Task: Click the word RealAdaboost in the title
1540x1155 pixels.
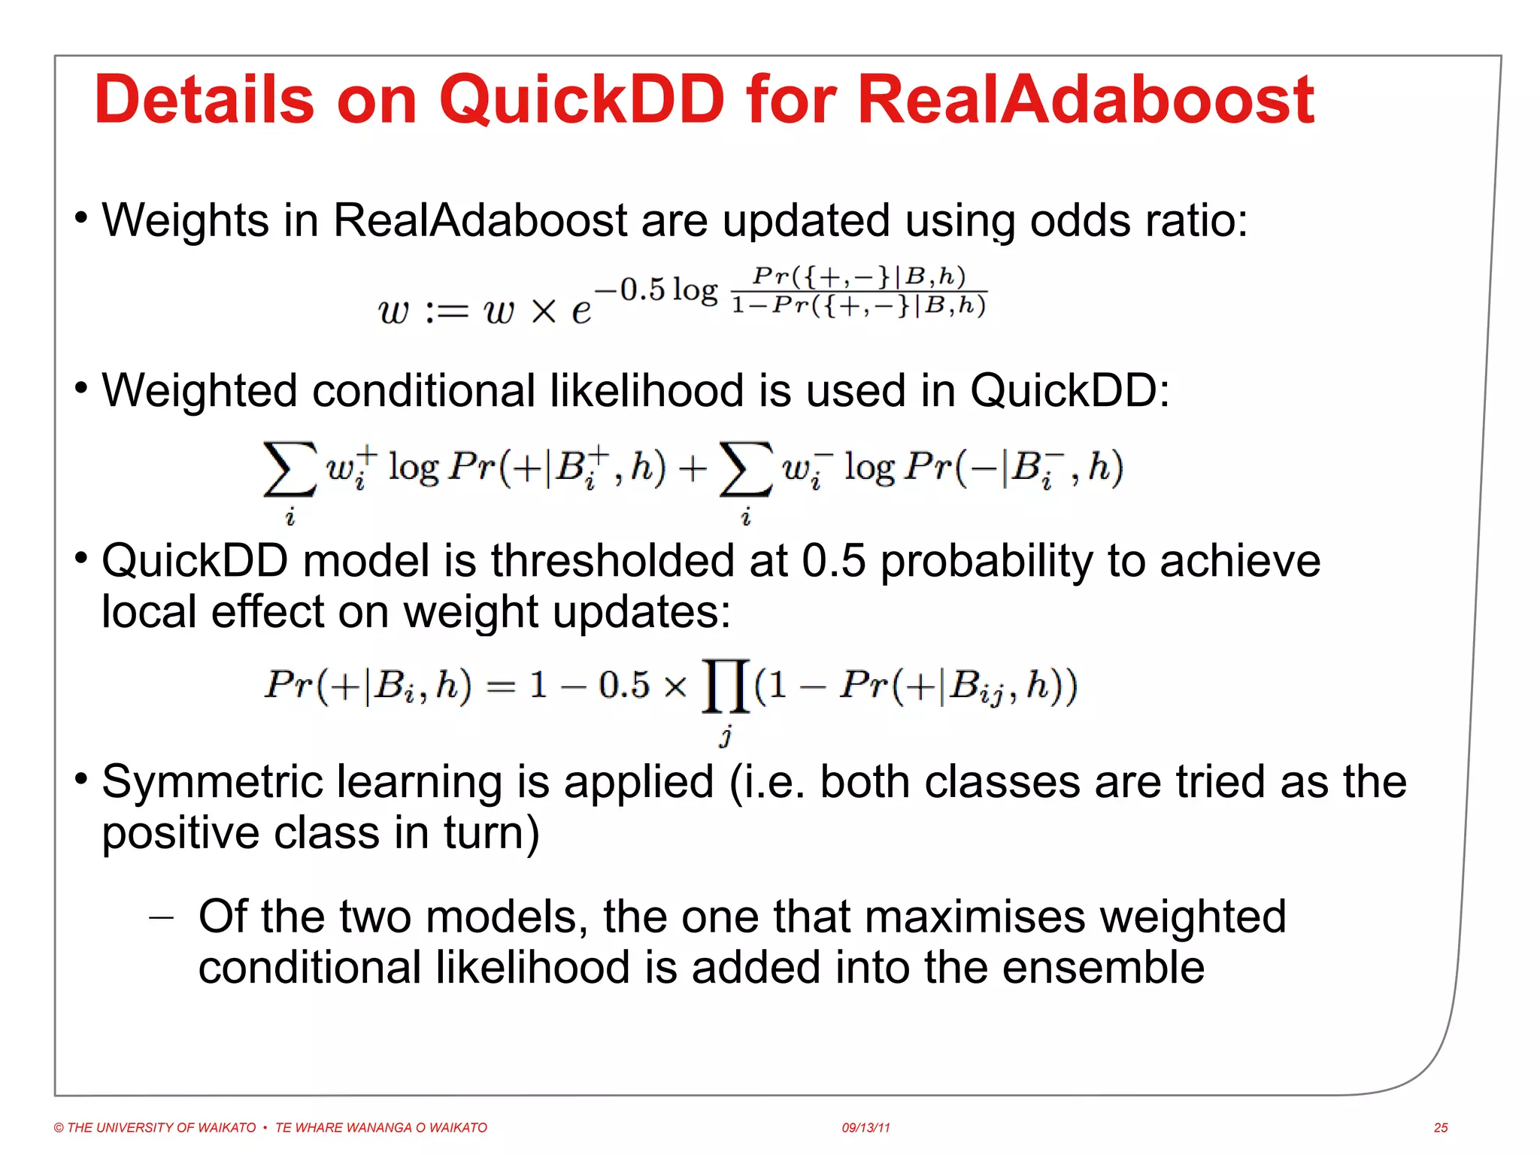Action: pyautogui.click(x=1085, y=100)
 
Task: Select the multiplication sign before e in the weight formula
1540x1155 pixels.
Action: pyautogui.click(x=543, y=311)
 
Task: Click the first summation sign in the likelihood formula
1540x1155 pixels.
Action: pyautogui.click(x=289, y=469)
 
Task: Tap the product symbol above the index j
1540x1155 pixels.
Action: pyautogui.click(x=725, y=685)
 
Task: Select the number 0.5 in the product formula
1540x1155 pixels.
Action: pyautogui.click(x=623, y=685)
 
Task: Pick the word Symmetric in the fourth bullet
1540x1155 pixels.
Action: pyautogui.click(x=217, y=783)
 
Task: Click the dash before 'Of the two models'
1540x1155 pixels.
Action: pyautogui.click(x=162, y=917)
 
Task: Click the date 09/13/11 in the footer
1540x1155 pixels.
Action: pyautogui.click(x=865, y=1128)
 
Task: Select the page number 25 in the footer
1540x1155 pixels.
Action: pyautogui.click(x=1441, y=1128)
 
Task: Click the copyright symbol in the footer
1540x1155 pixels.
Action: pyautogui.click(x=59, y=1128)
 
